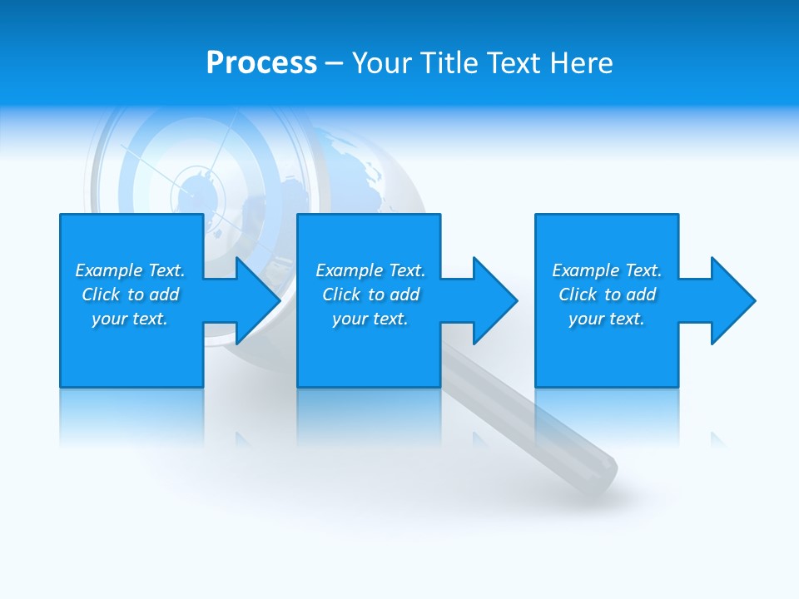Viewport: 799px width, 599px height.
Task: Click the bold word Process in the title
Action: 261,63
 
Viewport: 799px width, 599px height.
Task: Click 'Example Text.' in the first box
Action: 130,270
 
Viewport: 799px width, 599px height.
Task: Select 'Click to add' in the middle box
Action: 370,295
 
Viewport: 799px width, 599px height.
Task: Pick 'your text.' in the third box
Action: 607,319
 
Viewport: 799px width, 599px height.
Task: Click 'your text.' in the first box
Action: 130,319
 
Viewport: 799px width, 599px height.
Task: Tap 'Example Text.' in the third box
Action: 607,270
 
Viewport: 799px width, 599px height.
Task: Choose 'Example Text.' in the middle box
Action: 370,270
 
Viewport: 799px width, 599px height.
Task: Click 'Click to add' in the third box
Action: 607,295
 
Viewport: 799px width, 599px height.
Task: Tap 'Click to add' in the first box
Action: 130,295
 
